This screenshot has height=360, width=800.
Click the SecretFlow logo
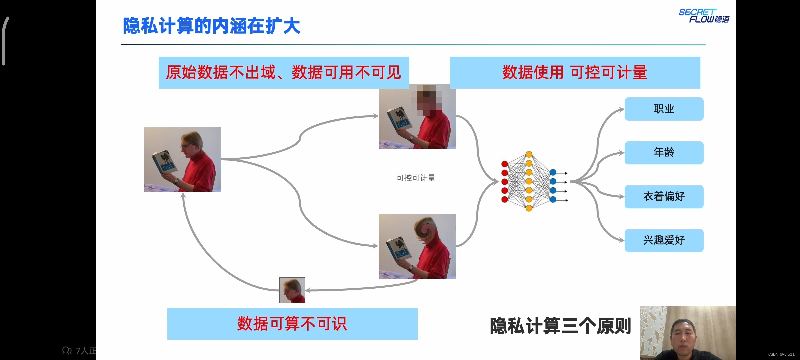[x=703, y=16]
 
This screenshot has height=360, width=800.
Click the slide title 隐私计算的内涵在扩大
[x=212, y=26]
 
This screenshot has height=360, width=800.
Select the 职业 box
[x=664, y=109]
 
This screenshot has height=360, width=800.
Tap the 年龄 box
[x=664, y=153]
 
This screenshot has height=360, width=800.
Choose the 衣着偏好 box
[x=664, y=197]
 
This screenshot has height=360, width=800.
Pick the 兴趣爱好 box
[x=664, y=240]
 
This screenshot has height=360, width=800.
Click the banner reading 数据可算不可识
[x=292, y=324]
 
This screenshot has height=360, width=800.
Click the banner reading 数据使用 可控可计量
[x=575, y=73]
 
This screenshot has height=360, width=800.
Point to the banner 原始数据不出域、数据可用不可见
[x=283, y=73]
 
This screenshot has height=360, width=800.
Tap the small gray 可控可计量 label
[x=416, y=178]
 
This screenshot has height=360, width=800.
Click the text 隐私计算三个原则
[x=560, y=326]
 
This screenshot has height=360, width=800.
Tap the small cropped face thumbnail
[x=292, y=290]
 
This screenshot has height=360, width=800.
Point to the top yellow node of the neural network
[x=529, y=154]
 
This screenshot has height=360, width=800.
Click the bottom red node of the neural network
[x=504, y=199]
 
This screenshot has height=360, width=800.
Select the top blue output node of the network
[x=553, y=172]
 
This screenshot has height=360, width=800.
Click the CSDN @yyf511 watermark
[x=781, y=354]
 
